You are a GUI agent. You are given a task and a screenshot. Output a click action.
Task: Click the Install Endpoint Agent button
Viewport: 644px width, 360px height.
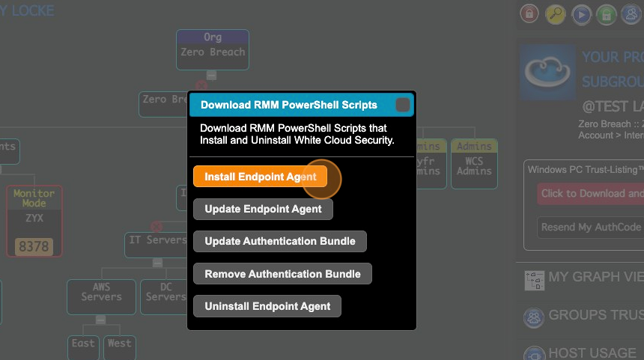coord(260,177)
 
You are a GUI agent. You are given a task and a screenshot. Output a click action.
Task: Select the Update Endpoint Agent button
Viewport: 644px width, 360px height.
coord(263,209)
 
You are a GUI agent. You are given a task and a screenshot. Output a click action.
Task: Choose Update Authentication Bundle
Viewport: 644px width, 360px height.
coord(279,241)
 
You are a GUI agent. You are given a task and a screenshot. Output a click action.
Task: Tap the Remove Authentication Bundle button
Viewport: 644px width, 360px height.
coord(282,274)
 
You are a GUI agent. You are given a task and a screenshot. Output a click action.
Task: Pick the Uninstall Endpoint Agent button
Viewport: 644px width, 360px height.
coord(267,306)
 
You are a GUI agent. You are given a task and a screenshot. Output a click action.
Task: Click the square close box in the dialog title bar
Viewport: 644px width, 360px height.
coord(403,105)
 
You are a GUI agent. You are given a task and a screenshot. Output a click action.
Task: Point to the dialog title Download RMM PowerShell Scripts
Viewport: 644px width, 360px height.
coord(288,105)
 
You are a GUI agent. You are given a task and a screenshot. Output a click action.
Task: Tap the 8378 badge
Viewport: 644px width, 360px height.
coord(34,246)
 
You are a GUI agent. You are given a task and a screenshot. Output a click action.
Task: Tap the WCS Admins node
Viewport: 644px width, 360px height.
coord(473,158)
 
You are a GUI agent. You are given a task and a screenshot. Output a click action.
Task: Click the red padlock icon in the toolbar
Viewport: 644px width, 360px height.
coord(529,13)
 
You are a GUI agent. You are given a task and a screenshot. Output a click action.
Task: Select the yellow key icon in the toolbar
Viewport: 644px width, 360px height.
coord(555,13)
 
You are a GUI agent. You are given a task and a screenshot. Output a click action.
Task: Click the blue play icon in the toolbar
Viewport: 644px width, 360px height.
coord(580,13)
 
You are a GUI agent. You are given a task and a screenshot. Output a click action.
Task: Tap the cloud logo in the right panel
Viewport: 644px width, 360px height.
coord(546,71)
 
